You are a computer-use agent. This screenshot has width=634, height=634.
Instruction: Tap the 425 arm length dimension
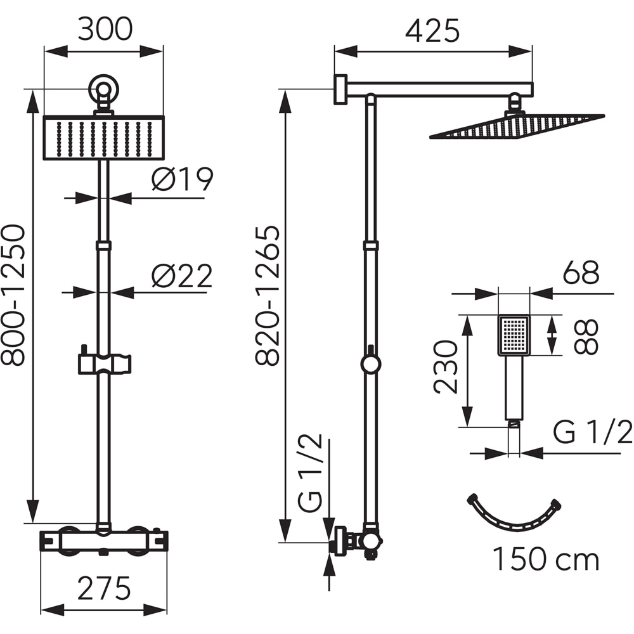point(433,30)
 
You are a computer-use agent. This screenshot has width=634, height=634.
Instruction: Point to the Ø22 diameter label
point(182,276)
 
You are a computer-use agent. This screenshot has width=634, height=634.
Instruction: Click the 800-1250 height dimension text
point(14,295)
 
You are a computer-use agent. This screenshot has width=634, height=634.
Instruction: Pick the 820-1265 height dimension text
point(268,295)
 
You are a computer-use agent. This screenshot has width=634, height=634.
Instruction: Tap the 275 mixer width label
point(104,588)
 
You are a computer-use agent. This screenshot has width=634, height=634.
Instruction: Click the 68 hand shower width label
point(580,273)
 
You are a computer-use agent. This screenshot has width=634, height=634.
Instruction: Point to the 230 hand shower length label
point(446,367)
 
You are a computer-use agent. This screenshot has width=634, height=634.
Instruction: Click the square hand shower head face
point(514,335)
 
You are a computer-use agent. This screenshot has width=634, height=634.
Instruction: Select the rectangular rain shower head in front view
point(104,138)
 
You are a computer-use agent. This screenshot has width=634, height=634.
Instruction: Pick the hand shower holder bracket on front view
point(104,363)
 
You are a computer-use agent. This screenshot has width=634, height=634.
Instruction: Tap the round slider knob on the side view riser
point(371,364)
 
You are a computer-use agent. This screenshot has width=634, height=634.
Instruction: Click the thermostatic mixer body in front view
point(104,540)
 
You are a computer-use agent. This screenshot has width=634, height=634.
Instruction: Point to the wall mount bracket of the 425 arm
point(341,89)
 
